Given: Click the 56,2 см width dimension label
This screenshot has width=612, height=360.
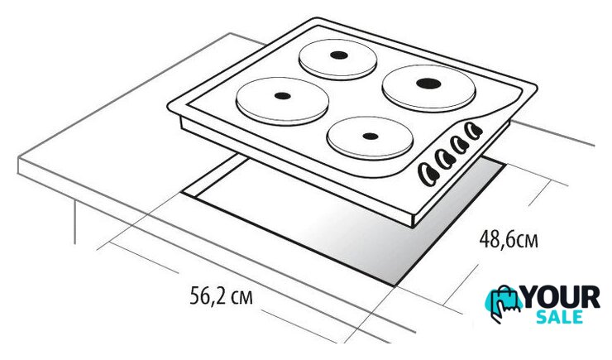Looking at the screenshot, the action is (221, 295).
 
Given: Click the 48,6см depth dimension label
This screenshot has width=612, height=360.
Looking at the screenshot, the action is (509, 239).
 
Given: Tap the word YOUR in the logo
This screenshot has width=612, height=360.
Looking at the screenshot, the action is (561, 297).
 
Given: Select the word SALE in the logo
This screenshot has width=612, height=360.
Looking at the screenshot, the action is (560, 317).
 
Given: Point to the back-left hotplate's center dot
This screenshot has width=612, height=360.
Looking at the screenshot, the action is (338, 55).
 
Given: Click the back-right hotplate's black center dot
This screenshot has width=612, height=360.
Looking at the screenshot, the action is (428, 83).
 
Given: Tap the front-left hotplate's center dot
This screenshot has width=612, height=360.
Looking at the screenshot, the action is (282, 96).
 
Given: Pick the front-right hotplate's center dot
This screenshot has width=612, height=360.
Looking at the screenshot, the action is (370, 137).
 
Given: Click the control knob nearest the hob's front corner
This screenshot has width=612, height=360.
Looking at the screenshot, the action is (428, 173).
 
